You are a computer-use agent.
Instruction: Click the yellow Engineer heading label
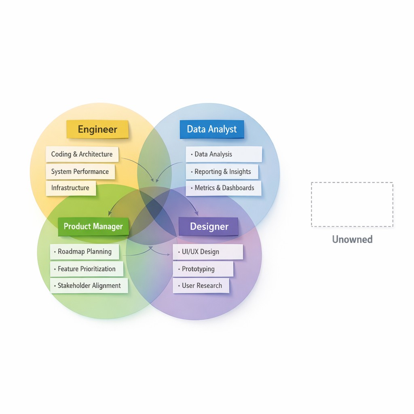coord(97,129)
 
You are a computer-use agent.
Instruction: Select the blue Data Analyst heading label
coord(212,129)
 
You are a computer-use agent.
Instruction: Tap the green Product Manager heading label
coord(93,226)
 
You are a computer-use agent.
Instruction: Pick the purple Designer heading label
coord(209,226)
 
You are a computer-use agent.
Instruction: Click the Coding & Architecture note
coord(82,154)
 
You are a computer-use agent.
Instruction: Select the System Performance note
coord(80,171)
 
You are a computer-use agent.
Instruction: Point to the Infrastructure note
coord(70,188)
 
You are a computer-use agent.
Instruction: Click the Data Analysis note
coord(224,154)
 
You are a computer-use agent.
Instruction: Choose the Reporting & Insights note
coord(222,172)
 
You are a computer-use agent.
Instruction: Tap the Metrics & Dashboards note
coord(224,188)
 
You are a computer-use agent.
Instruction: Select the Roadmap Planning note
coord(84,251)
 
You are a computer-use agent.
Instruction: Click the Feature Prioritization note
coord(87,269)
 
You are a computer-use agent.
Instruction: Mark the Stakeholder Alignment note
coord(89,285)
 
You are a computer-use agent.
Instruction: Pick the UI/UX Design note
coord(208,252)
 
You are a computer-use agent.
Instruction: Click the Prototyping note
coord(203,269)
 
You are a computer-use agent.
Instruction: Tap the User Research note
coord(201,285)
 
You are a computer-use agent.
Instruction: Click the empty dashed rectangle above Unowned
coord(352,204)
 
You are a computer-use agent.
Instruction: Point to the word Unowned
coord(352,239)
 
